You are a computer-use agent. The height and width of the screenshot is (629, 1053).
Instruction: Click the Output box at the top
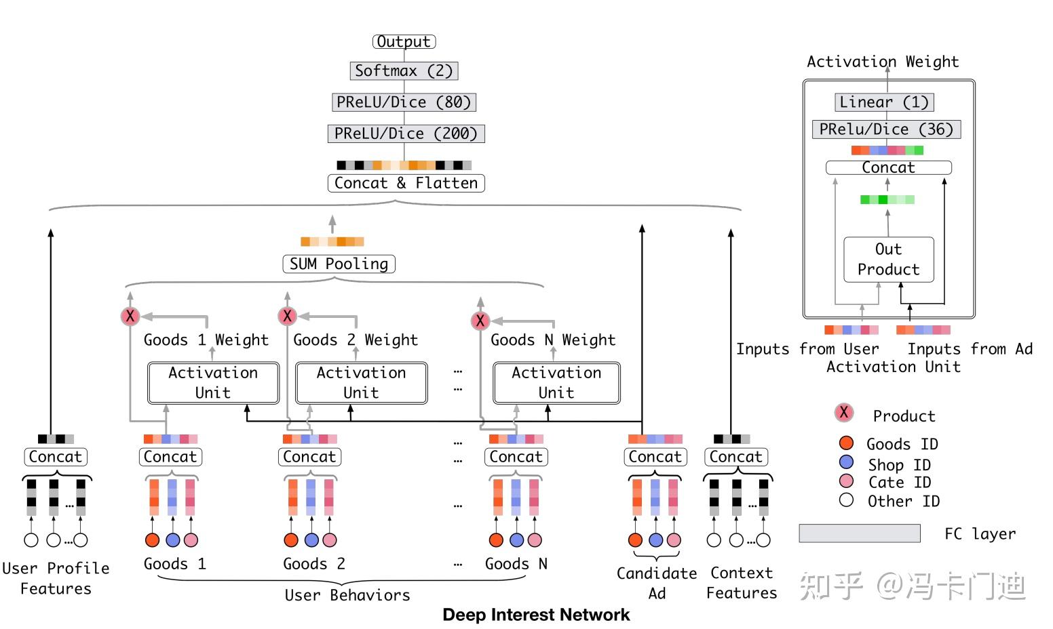click(x=404, y=41)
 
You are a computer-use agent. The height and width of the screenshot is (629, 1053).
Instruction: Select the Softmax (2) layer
click(x=404, y=70)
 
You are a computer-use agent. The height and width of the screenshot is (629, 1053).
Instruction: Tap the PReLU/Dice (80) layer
click(x=404, y=102)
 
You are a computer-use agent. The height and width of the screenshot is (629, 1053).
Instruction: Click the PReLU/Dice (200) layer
click(x=406, y=134)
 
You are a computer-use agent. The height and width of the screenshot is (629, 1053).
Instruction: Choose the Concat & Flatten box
click(x=406, y=183)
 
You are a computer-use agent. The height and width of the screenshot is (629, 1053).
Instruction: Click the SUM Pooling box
click(x=339, y=264)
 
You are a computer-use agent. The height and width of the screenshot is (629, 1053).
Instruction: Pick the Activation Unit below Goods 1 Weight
click(x=213, y=383)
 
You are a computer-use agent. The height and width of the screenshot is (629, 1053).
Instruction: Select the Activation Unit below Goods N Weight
click(x=556, y=383)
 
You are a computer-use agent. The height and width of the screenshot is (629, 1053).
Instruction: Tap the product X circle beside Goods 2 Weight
click(x=287, y=316)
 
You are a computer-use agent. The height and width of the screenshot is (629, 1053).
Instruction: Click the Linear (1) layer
click(x=884, y=102)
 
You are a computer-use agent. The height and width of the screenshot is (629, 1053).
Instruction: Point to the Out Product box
click(x=888, y=260)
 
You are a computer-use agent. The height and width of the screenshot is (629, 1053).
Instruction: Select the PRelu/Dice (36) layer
click(x=886, y=129)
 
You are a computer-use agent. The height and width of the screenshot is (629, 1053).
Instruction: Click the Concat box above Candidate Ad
click(x=655, y=457)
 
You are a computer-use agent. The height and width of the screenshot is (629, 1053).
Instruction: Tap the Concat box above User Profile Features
click(x=55, y=457)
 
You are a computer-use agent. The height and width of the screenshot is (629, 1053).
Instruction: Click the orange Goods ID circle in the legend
click(x=846, y=443)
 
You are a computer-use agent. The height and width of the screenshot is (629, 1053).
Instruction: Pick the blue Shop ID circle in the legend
click(x=846, y=462)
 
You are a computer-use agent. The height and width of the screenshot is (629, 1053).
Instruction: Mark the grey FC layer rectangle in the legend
click(x=860, y=533)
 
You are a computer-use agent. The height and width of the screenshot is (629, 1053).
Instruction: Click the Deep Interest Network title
click(x=536, y=615)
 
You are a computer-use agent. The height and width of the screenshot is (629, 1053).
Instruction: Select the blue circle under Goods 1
click(x=172, y=540)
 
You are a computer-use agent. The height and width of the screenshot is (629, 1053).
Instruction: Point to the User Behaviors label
click(x=347, y=595)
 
